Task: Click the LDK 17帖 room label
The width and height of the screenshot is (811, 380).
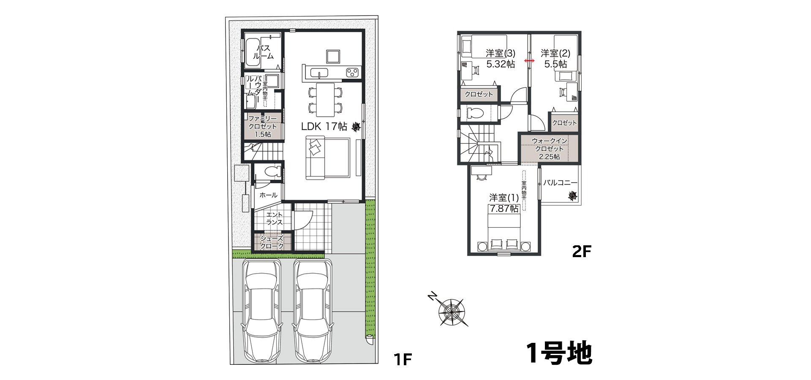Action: [x=324, y=126]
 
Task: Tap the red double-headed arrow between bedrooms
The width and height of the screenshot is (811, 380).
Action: [x=528, y=61]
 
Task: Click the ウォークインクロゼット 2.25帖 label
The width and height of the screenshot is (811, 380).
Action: [x=549, y=148]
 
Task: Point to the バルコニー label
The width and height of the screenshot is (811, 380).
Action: [x=560, y=183]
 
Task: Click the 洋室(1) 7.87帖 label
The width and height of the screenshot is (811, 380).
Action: [x=504, y=203]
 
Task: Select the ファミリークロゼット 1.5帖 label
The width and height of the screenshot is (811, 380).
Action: [x=262, y=126]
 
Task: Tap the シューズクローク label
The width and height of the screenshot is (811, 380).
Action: [x=272, y=242]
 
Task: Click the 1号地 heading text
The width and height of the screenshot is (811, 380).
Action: [x=559, y=353]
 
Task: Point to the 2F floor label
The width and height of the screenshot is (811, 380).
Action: [x=581, y=252]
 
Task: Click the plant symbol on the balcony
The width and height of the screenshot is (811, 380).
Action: [x=572, y=196]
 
